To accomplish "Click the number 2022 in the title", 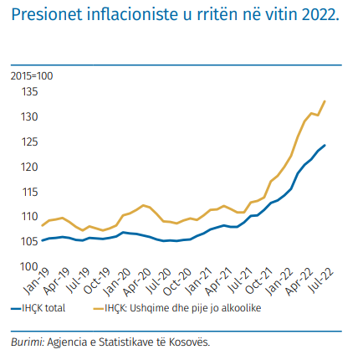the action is pos(320,14).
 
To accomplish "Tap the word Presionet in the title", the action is pos(47,14).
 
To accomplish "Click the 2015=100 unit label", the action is pos(32,76).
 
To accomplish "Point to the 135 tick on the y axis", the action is pos(29,91).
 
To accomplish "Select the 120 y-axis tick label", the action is pos(29,167).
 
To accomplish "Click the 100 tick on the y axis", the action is pos(29,266).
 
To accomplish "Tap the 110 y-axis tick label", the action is pos(29,216).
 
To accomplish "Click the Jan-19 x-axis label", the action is pos(37,281).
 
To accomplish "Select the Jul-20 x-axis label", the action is pos(159,281).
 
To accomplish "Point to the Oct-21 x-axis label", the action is pos(258,281).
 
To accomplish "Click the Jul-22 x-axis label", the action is pos(322,281).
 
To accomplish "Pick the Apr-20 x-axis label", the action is pos(137,282).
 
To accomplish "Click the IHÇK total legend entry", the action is pos(38,308).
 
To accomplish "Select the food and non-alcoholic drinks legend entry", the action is pos(177,308).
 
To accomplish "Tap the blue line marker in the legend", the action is pos(16,309).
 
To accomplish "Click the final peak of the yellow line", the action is pos(325,101).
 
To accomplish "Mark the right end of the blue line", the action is pos(325,145).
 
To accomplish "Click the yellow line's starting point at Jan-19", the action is pos(42,225).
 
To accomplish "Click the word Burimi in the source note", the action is pos(28,342).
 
